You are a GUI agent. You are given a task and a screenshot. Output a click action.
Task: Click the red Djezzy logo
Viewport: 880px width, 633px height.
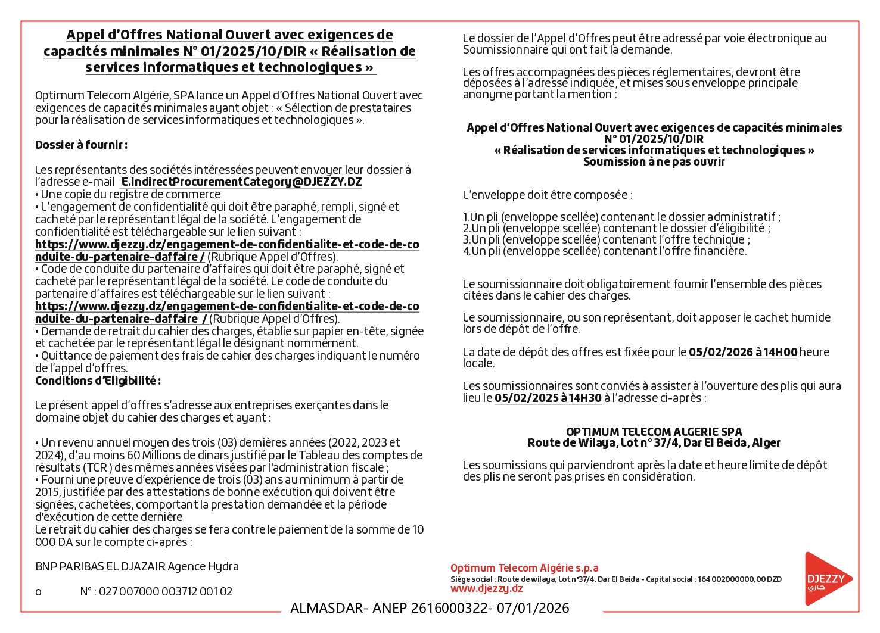pyautogui.click(x=827, y=579)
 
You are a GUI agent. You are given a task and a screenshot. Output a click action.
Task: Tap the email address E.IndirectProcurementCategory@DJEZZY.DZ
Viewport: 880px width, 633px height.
pyautogui.click(x=241, y=182)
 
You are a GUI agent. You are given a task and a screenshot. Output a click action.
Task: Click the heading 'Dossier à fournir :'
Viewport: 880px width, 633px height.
pyautogui.click(x=81, y=145)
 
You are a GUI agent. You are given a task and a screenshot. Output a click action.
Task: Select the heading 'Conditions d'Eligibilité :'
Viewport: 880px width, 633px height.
pyautogui.click(x=98, y=381)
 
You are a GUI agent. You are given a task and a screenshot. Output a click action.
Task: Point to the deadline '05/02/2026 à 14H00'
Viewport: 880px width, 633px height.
pyautogui.click(x=742, y=352)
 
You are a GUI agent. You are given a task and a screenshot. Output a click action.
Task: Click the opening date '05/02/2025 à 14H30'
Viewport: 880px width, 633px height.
pyautogui.click(x=548, y=398)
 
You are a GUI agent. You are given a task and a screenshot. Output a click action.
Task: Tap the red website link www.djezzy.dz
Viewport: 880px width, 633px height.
pyautogui.click(x=486, y=588)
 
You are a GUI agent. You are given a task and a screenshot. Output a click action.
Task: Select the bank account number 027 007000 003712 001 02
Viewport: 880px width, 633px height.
pyautogui.click(x=165, y=591)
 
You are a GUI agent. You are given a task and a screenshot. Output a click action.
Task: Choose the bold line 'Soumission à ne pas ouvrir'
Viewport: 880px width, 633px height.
pyautogui.click(x=654, y=162)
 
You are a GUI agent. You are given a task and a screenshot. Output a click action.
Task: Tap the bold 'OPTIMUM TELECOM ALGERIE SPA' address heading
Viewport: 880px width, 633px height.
pyautogui.click(x=654, y=432)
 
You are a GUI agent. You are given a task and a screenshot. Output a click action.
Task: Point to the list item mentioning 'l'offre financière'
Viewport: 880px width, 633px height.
pyautogui.click(x=604, y=251)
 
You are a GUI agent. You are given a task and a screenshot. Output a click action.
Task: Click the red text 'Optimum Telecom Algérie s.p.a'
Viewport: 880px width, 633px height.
pyautogui.click(x=524, y=568)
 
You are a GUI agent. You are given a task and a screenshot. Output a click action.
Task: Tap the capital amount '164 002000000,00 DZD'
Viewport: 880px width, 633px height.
pyautogui.click(x=739, y=579)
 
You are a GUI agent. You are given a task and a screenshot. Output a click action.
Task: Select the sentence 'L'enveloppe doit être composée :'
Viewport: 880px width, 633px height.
pyautogui.click(x=547, y=195)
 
